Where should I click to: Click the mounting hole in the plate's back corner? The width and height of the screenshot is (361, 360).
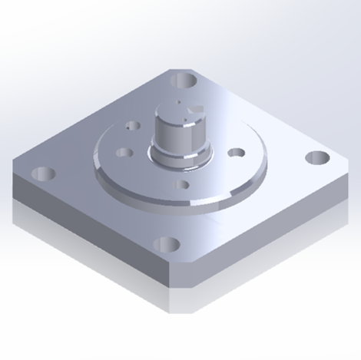(184, 80)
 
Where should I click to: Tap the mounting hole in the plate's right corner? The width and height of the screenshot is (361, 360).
(316, 157)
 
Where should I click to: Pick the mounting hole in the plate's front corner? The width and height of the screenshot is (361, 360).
(166, 245)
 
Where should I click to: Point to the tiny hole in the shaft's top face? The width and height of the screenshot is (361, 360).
(177, 102)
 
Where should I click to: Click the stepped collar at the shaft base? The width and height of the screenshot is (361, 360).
(180, 159)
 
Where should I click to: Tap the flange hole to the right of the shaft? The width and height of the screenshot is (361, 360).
(235, 154)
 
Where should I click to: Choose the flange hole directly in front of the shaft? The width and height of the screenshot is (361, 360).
(182, 183)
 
